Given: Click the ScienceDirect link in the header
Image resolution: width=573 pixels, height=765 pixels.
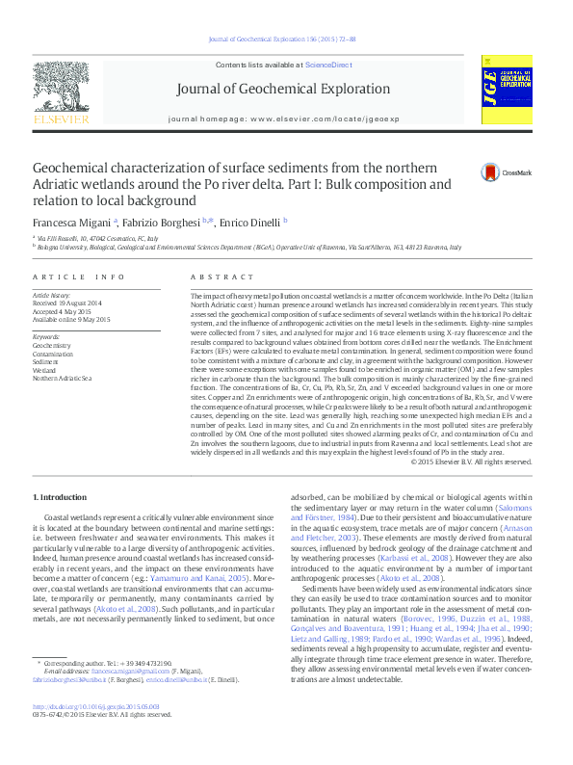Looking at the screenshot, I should coord(327,64).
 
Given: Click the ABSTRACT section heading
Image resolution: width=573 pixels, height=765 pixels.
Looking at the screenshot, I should coord(209,277).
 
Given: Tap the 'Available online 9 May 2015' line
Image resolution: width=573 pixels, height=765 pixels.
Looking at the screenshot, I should coord(71,319).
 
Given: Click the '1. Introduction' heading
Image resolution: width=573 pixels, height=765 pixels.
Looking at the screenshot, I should coord(60,497).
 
